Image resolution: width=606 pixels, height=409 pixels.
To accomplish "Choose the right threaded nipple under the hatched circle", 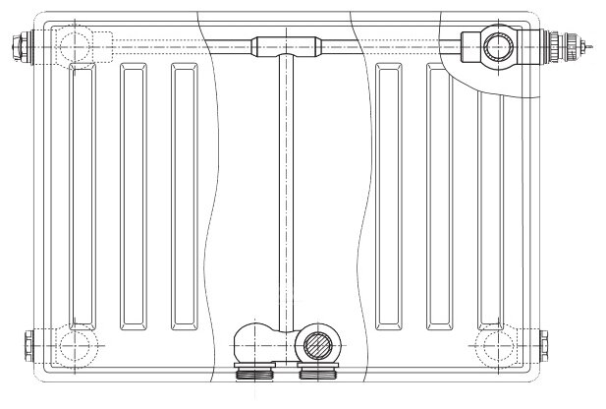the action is (314, 372).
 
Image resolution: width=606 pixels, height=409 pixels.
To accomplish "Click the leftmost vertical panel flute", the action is (83, 197).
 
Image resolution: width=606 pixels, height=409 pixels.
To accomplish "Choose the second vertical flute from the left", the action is (134, 197).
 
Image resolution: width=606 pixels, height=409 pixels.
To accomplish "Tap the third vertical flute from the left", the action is (184, 197).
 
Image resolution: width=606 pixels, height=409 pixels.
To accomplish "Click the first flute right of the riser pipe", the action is (390, 197).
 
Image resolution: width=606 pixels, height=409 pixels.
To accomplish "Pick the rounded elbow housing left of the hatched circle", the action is (257, 342).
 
